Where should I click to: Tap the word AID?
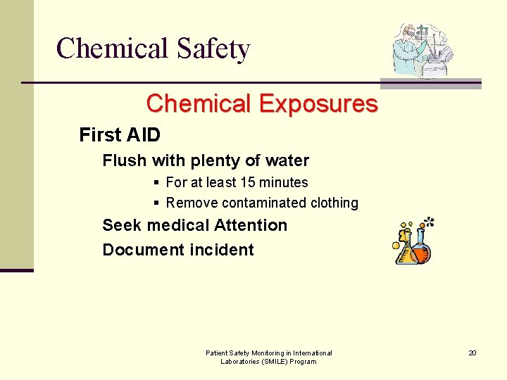click(x=143, y=134)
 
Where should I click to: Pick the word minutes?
click(x=283, y=182)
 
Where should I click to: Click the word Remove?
click(x=192, y=203)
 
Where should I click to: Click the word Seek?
click(x=120, y=225)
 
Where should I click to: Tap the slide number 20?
click(x=472, y=353)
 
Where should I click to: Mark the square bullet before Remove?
click(x=156, y=203)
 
